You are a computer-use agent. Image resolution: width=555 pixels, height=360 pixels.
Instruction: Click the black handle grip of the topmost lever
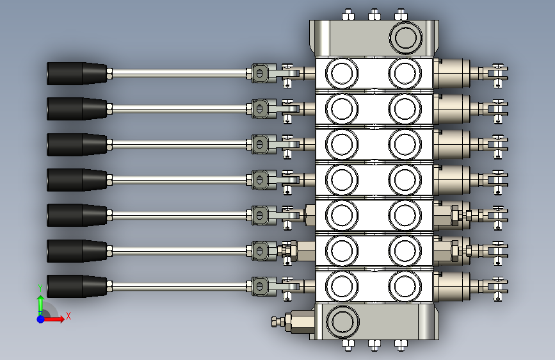click(77, 74)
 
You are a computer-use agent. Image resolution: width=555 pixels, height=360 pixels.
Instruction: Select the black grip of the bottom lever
click(77, 286)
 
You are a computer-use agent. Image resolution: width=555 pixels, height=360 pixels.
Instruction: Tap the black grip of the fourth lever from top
click(77, 180)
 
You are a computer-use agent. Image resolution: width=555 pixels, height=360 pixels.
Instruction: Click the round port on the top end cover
click(405, 38)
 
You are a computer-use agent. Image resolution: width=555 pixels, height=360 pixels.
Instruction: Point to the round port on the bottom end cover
click(342, 322)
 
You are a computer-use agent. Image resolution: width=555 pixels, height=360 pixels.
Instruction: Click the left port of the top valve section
click(342, 74)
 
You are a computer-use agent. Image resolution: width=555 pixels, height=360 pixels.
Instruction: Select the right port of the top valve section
click(405, 74)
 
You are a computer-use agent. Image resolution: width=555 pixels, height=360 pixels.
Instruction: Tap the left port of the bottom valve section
click(342, 286)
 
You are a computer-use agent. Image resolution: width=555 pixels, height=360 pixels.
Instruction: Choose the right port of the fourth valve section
click(405, 180)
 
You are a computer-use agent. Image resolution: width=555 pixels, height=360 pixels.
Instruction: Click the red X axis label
click(68, 316)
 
